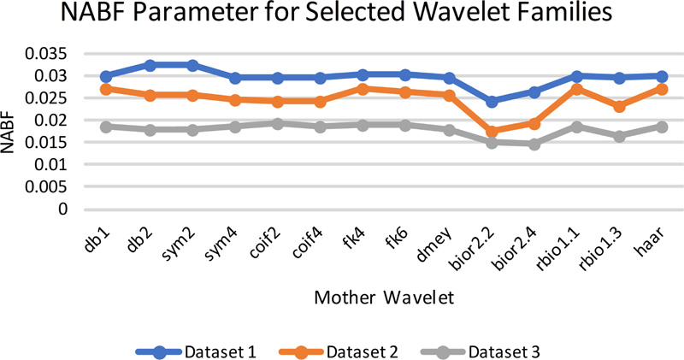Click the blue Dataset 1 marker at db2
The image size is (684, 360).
point(150,66)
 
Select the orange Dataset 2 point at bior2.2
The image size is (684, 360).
point(492,131)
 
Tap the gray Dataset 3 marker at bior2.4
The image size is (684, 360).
point(534,144)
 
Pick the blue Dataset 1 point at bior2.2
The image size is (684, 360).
point(492,102)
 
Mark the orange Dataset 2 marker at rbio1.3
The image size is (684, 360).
point(619,106)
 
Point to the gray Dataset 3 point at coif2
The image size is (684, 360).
point(278,123)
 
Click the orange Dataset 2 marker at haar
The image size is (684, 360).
point(662,90)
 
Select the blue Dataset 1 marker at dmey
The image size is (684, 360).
point(449,78)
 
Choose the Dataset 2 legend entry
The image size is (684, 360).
point(338,351)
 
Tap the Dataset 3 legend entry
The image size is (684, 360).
point(480,351)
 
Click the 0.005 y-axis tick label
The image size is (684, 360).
point(46,186)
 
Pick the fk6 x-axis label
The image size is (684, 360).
point(397,239)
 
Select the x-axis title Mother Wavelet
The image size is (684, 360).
point(384,298)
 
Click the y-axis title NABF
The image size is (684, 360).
point(8,132)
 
